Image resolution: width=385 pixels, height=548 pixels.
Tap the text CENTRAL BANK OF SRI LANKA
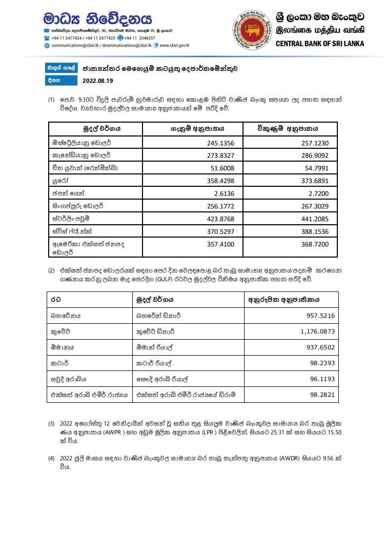(319, 44)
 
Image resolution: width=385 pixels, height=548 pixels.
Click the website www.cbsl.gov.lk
(174, 45)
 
